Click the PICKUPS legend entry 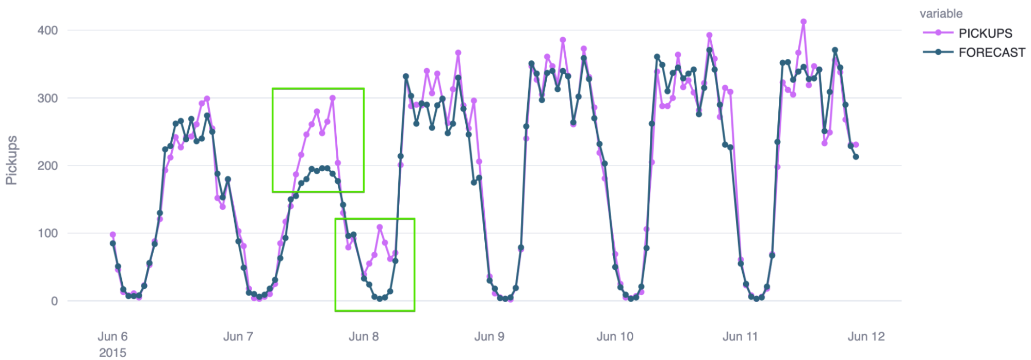[985, 33]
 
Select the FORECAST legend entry [991, 53]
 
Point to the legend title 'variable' [941, 14]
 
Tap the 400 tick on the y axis [47, 30]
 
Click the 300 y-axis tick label [47, 98]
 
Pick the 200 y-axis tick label [47, 166]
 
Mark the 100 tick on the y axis [47, 233]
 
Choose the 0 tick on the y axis [54, 301]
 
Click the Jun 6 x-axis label [112, 337]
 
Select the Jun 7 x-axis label [238, 337]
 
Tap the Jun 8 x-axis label [364, 337]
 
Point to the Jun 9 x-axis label [489, 337]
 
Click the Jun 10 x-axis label [615, 337]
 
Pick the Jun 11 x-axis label [740, 337]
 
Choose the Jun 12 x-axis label [866, 337]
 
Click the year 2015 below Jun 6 [112, 353]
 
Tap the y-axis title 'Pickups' [11, 160]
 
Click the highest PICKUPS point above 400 [804, 22]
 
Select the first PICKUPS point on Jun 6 [113, 235]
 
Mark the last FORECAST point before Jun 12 [856, 157]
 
